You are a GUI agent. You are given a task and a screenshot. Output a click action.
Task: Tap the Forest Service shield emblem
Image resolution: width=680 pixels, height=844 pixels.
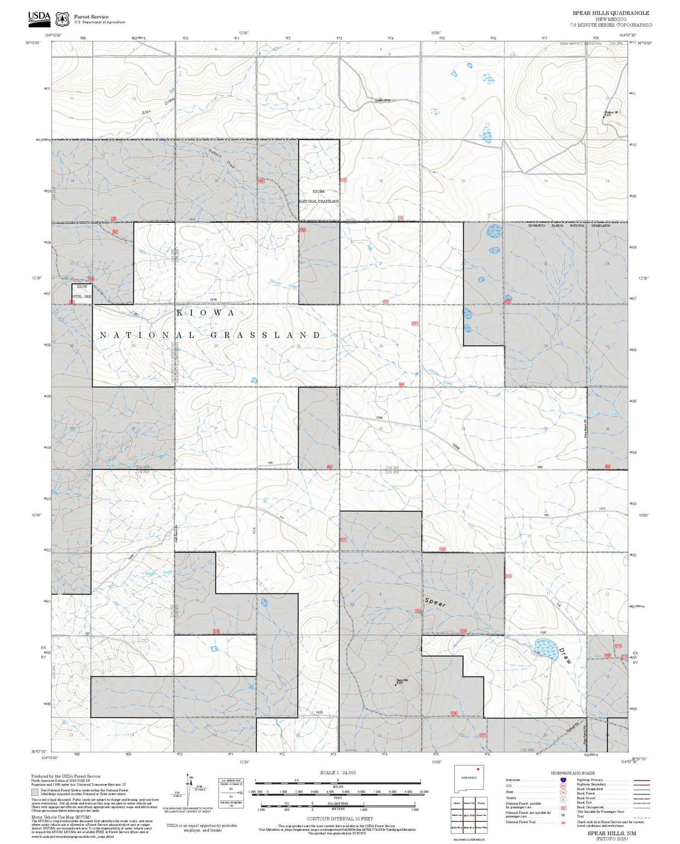pyautogui.click(x=62, y=19)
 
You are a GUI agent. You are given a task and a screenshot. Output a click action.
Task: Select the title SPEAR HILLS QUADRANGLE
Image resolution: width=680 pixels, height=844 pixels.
pyautogui.click(x=610, y=13)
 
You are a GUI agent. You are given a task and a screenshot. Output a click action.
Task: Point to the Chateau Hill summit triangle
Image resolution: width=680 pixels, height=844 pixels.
pyautogui.click(x=603, y=116)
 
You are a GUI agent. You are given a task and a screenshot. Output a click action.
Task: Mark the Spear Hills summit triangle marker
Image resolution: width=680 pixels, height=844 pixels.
pyautogui.click(x=395, y=684)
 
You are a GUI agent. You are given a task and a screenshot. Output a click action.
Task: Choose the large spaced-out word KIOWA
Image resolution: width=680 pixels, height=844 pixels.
pyautogui.click(x=206, y=313)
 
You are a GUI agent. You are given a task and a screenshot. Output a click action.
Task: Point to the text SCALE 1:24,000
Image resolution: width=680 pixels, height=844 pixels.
pyautogui.click(x=338, y=772)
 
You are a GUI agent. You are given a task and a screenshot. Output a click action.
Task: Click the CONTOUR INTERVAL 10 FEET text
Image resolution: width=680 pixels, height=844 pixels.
pyautogui.click(x=340, y=819)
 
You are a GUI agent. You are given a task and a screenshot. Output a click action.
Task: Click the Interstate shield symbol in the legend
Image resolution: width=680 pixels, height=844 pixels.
pyautogui.click(x=563, y=780)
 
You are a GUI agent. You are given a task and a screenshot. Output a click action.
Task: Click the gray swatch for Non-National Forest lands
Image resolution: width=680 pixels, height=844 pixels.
pyautogui.click(x=35, y=792)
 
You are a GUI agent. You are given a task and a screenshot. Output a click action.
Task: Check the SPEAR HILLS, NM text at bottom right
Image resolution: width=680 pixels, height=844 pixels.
pyautogui.click(x=611, y=833)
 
